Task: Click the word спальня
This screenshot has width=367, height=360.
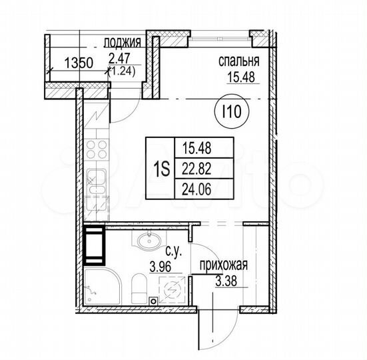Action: [238, 63]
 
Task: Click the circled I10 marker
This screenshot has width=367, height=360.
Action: [232, 112]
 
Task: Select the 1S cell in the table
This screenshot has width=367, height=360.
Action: [159, 167]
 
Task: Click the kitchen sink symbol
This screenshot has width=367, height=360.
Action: [97, 184]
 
